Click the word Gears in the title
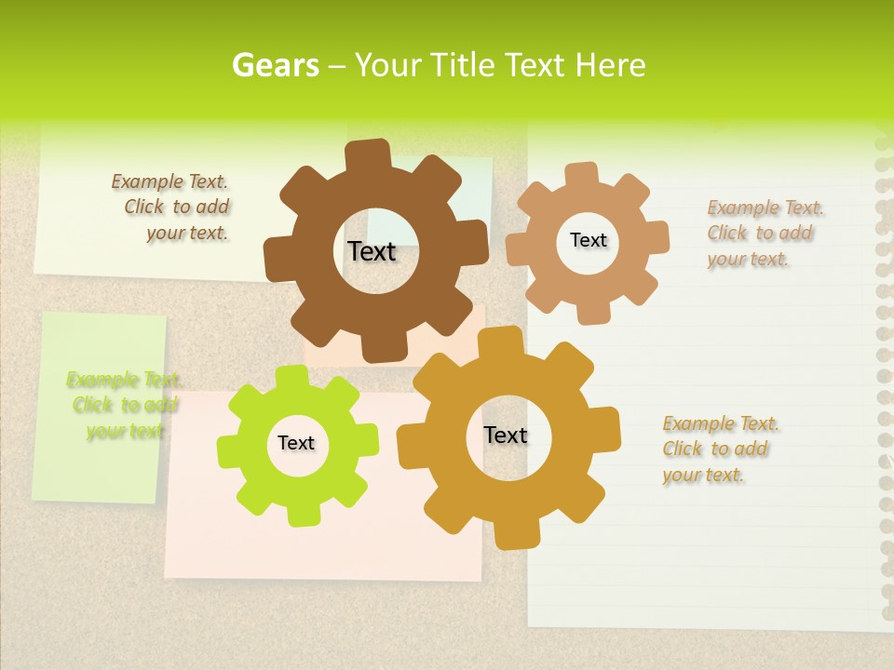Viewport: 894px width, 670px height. (x=275, y=65)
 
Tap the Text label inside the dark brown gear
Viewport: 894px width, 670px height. (x=372, y=251)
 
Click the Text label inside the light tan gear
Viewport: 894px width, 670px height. (x=588, y=240)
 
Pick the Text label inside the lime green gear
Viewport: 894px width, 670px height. (x=296, y=444)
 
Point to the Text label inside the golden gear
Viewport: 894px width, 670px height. (x=506, y=435)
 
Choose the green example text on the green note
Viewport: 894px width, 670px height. (x=123, y=406)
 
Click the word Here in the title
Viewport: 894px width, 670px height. (x=611, y=65)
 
